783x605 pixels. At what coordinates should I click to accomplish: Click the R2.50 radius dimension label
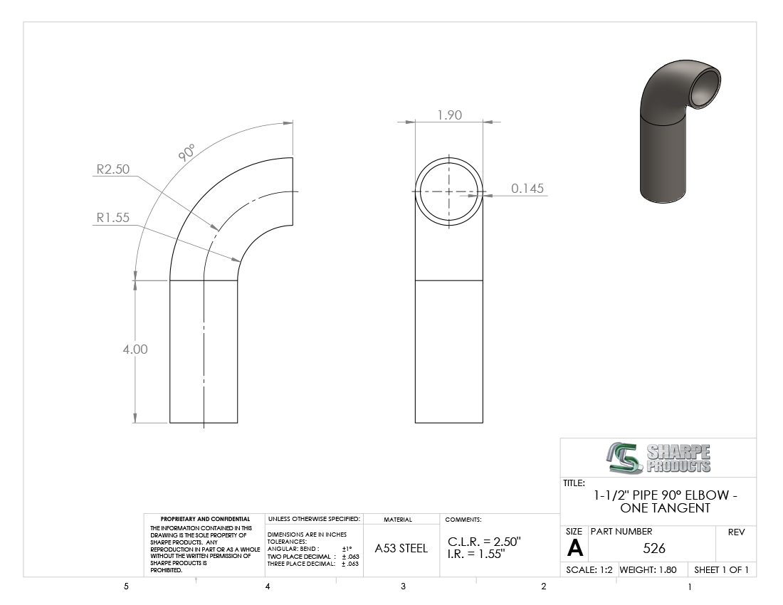113,169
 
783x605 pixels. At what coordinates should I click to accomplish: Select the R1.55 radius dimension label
113,218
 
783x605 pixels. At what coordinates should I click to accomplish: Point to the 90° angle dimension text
186,152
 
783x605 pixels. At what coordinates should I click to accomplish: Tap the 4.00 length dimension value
135,349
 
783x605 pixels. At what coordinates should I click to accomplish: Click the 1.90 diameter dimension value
449,115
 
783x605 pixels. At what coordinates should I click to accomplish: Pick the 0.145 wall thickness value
527,189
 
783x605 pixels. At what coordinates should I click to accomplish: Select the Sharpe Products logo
658,458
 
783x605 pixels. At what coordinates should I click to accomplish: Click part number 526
654,549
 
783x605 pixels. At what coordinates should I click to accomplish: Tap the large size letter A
574,549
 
